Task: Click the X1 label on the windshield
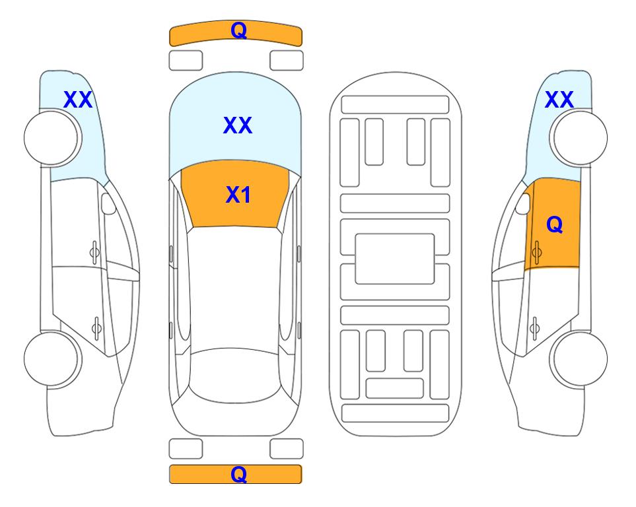[x=238, y=195]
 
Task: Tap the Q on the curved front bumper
[x=239, y=30]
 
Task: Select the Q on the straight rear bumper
[x=239, y=474]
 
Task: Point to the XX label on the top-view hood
[x=238, y=125]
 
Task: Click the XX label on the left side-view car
[x=78, y=100]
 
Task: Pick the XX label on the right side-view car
[x=559, y=100]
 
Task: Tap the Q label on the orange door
[x=555, y=224]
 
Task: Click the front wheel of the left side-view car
[x=52, y=138]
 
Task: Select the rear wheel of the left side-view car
[x=52, y=358]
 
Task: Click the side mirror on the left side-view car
[x=108, y=203]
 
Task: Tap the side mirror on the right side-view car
[x=523, y=203]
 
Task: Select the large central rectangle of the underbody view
[x=395, y=259]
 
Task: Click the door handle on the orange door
[x=536, y=252]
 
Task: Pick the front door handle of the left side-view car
[x=94, y=252]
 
